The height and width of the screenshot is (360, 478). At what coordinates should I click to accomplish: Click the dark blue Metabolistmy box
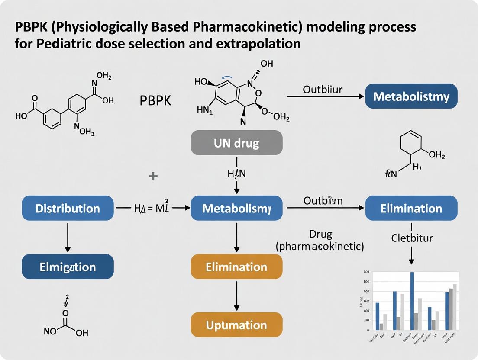point(411,96)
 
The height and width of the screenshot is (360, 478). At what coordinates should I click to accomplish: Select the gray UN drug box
point(236,143)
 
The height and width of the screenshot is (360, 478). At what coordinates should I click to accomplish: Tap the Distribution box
point(68,208)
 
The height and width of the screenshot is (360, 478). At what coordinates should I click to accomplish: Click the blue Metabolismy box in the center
point(236,208)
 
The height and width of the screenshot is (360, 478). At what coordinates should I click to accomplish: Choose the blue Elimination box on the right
point(411,208)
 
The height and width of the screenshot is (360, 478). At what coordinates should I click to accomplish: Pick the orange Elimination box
point(236,267)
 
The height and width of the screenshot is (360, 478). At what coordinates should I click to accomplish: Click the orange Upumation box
point(236,325)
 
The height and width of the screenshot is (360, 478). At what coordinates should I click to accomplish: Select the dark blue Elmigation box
point(68,267)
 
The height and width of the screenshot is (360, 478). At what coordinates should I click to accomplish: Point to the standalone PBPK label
point(155,101)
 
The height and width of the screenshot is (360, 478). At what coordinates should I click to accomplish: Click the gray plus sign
point(153,176)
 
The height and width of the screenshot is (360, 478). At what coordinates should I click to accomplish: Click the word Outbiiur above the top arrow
point(323,90)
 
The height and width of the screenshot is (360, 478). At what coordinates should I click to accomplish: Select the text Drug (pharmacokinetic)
point(320,241)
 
